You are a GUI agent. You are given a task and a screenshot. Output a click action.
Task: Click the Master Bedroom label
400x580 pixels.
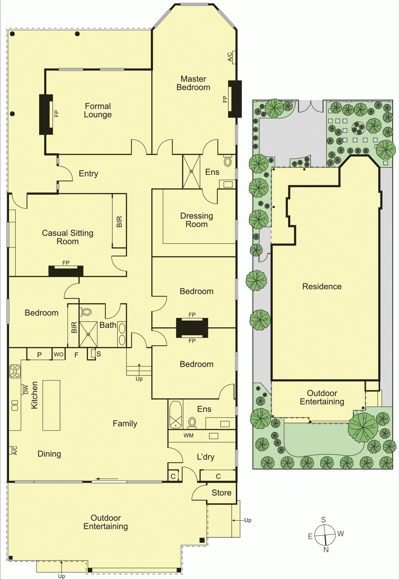pyautogui.click(x=193, y=83)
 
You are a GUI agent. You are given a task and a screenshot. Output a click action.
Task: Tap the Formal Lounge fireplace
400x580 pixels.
pyautogui.click(x=46, y=114)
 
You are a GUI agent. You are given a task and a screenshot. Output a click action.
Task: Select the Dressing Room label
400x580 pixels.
pyautogui.click(x=197, y=220)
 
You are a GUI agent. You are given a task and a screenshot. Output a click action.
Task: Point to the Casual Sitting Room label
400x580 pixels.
pyautogui.click(x=68, y=237)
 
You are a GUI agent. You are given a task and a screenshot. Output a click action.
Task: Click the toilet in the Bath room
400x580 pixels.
pyautogui.click(x=86, y=312)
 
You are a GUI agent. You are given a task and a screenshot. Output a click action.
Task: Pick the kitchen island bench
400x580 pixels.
pyautogui.click(x=52, y=405)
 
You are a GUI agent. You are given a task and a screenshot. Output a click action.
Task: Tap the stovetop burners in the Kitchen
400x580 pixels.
pyautogui.click(x=15, y=371)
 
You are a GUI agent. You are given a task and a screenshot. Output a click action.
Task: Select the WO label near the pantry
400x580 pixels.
pyautogui.click(x=59, y=354)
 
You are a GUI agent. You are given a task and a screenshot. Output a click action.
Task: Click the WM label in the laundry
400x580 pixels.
pyautogui.click(x=189, y=436)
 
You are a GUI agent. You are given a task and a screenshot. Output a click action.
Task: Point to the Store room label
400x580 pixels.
pyautogui.click(x=221, y=493)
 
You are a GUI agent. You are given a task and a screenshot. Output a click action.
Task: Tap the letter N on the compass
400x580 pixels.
pyautogui.click(x=326, y=550)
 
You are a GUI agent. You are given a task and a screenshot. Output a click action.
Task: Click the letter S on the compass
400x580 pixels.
pyautogui.click(x=323, y=520)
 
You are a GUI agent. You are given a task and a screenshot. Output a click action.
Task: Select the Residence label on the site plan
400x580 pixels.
pyautogui.click(x=322, y=286)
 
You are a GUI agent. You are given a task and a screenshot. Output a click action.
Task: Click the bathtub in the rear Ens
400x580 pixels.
pyautogui.click(x=176, y=415)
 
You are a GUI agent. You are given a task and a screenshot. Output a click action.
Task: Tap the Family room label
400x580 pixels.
pyautogui.click(x=125, y=424)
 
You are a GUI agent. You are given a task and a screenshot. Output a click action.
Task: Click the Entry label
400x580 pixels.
pyautogui.click(x=89, y=173)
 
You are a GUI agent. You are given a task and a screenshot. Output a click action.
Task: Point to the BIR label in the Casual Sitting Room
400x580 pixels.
pyautogui.click(x=119, y=222)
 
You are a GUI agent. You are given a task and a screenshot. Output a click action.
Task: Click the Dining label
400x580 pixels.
pyautogui.click(x=49, y=454)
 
